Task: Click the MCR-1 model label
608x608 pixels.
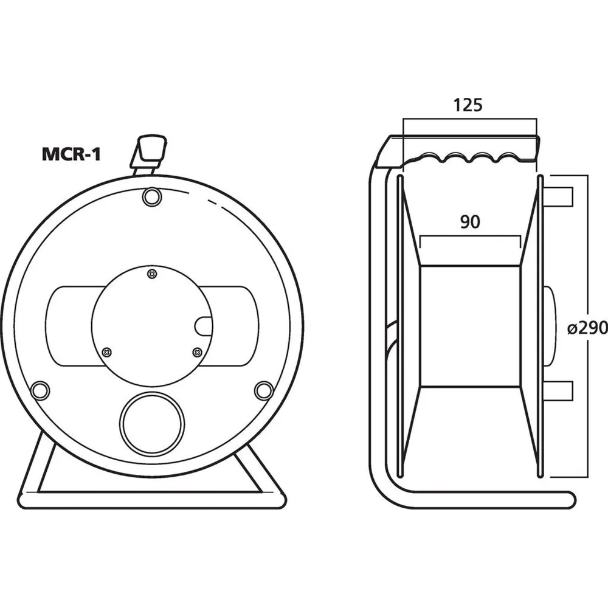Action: point(71,154)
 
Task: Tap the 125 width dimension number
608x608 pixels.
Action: point(468,105)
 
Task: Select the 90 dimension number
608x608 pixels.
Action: point(469,223)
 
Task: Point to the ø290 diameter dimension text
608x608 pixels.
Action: point(587,328)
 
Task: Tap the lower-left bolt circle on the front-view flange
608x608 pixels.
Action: point(40,390)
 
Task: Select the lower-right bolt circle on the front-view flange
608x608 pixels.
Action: point(263,390)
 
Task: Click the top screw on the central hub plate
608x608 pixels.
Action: point(151,275)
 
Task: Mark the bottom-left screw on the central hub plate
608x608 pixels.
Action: point(108,351)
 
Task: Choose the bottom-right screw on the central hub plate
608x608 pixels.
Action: point(196,351)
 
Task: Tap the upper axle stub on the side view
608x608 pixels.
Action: point(558,197)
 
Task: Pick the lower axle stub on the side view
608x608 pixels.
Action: point(558,392)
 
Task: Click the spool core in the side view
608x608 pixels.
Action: point(469,326)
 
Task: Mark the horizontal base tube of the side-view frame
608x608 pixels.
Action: point(486,499)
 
